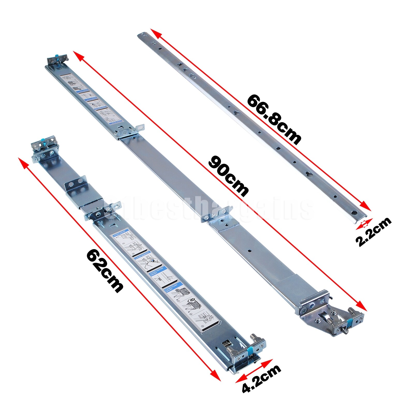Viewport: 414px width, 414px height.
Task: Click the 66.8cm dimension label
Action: pyautogui.click(x=274, y=119)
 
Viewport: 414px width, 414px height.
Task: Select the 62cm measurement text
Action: pyautogui.click(x=105, y=271)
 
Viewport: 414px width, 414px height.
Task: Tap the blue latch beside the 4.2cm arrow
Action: pyautogui.click(x=250, y=351)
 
